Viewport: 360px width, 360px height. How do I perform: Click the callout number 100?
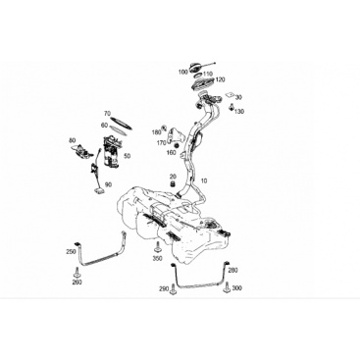point(183,72)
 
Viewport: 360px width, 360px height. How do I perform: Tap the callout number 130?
point(239,112)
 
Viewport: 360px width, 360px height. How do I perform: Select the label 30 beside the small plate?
point(238,97)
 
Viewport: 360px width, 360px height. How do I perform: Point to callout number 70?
point(107,114)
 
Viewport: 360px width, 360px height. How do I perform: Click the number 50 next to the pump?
point(128,156)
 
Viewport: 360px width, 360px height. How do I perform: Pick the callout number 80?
point(73,140)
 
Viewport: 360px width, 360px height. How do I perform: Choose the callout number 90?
point(108,184)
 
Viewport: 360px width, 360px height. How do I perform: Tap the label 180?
point(156,132)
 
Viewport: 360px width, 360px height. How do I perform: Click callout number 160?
point(172,152)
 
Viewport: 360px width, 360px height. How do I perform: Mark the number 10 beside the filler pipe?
point(204,180)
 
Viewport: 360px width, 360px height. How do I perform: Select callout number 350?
point(157,259)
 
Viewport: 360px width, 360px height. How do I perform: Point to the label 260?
point(77,283)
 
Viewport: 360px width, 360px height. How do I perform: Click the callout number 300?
point(236,288)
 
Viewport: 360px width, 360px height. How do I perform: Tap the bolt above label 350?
point(157,247)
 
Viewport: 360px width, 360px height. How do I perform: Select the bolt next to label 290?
point(173,289)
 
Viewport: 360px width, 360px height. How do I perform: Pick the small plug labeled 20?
point(173,183)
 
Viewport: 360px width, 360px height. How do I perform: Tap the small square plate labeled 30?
point(230,94)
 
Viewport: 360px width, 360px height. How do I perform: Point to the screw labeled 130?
point(231,107)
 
